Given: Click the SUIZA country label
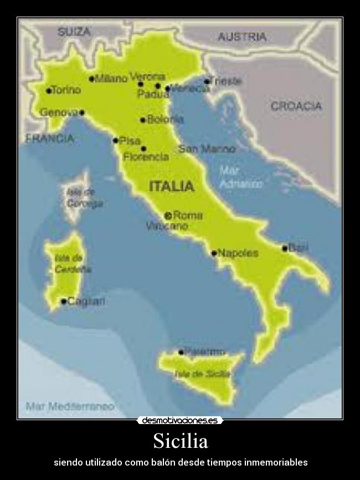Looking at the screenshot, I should [x=74, y=32].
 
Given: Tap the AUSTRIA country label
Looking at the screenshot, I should [x=242, y=37].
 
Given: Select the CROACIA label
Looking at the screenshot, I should [x=296, y=106].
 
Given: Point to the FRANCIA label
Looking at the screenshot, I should [x=49, y=139].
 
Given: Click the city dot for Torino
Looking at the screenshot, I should [x=49, y=90].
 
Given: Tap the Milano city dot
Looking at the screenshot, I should [x=91, y=79].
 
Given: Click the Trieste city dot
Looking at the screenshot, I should [x=207, y=81].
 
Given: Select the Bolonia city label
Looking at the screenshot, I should [x=165, y=119].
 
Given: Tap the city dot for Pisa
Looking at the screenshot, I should [x=115, y=141].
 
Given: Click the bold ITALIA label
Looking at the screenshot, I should [x=172, y=186].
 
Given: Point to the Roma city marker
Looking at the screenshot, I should [x=168, y=215].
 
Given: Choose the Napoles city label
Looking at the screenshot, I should [x=238, y=253].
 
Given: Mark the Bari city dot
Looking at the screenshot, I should [x=285, y=248].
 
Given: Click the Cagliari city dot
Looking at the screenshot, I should [x=64, y=302].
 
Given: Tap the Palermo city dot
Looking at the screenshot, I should [x=181, y=352].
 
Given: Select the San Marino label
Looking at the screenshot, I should [x=207, y=149].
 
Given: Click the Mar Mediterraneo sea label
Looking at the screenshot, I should [x=70, y=406].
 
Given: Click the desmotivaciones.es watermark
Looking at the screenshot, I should [x=180, y=421].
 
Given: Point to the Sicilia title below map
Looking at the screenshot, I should [x=180, y=442].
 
